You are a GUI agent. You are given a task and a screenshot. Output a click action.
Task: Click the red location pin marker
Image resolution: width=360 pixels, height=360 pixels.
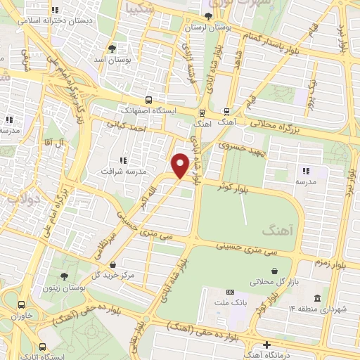[181, 164]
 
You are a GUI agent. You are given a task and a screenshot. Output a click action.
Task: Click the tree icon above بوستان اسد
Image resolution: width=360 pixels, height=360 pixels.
[112, 49]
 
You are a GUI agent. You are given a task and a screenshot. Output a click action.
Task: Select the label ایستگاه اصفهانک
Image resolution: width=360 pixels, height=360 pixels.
[148, 110]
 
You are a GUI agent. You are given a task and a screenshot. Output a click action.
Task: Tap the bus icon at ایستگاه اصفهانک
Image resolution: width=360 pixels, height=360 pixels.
[148, 100]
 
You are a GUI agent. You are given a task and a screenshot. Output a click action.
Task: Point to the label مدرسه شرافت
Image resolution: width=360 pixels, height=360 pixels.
[122, 171]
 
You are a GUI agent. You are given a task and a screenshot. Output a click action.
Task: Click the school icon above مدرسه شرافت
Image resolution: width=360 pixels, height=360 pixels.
[123, 160]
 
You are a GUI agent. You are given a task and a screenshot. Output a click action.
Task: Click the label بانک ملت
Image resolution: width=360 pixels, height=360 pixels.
[229, 303]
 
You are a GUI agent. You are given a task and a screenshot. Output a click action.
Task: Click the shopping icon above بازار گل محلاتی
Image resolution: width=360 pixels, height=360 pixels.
[274, 271]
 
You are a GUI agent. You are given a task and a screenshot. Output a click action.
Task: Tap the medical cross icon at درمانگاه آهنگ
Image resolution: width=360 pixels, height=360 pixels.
[266, 345]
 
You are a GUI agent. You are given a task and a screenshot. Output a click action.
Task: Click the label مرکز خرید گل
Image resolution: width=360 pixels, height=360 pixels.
[116, 274]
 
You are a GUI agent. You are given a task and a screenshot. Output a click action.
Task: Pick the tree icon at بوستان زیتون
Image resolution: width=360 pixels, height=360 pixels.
[64, 276]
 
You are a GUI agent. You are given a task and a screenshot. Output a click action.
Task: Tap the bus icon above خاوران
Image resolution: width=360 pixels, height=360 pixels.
[22, 305]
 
